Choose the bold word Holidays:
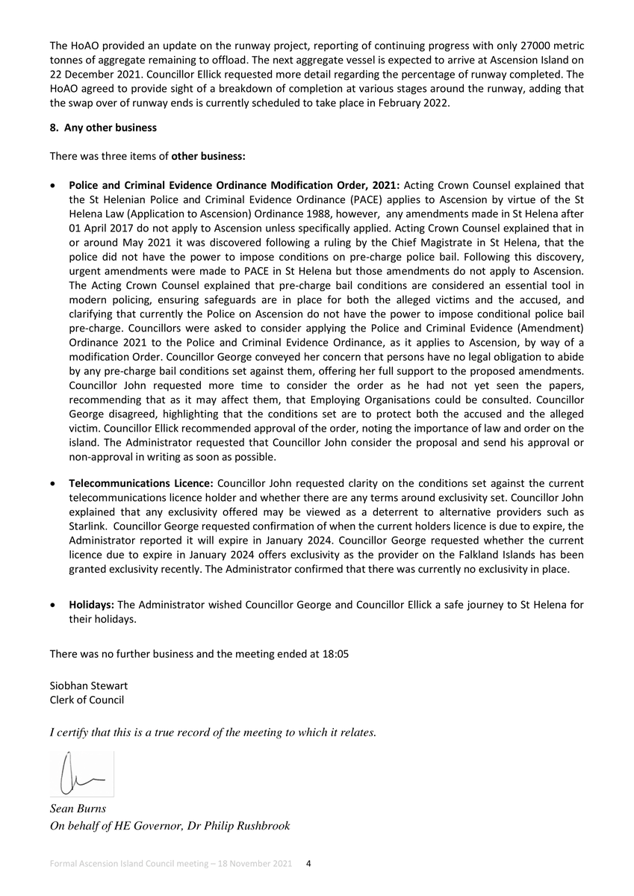point(92,605)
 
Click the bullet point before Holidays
point(54,606)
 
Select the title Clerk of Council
point(87,700)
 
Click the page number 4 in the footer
point(309,864)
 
